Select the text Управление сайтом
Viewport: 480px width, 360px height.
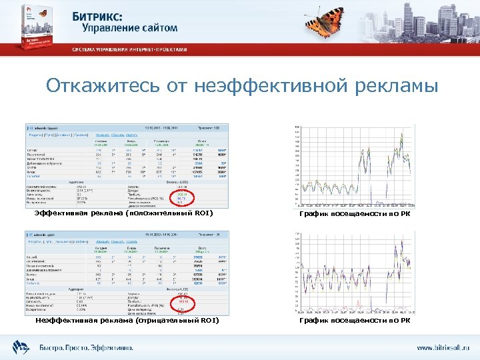(130, 28)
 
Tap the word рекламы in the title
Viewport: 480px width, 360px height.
(395, 87)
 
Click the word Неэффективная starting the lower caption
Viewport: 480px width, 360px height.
(64, 321)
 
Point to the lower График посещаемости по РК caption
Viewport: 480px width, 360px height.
(355, 321)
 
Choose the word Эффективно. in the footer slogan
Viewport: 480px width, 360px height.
(115, 347)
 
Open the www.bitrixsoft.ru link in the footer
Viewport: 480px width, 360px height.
(442, 348)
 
